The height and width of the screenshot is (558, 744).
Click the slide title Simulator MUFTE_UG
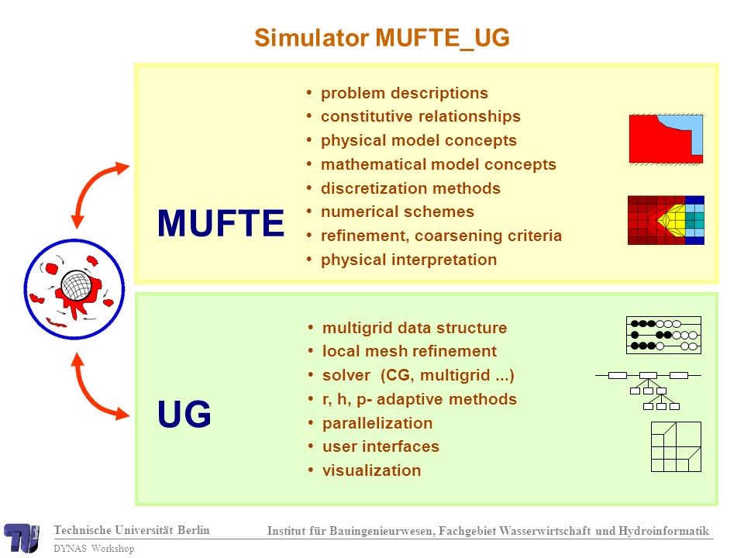tap(382, 38)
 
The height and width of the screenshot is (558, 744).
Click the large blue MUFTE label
tap(221, 223)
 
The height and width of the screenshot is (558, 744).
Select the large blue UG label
tap(184, 414)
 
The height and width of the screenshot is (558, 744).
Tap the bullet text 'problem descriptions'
tap(405, 93)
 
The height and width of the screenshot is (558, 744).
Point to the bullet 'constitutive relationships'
tap(420, 116)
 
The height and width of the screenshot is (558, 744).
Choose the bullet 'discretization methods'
tap(411, 188)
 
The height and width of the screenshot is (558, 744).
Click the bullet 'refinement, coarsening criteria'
tap(441, 236)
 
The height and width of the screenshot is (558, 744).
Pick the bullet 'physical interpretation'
tap(408, 260)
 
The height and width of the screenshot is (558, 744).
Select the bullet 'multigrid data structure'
tap(415, 328)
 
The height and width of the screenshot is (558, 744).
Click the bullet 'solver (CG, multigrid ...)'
tap(418, 375)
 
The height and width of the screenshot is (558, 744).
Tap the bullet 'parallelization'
tap(377, 423)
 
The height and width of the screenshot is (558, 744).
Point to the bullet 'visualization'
tap(371, 470)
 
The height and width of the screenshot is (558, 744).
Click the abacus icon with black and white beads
tap(663, 336)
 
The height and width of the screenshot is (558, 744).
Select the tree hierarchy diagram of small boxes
tap(648, 391)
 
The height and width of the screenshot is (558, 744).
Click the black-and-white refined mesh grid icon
tap(676, 446)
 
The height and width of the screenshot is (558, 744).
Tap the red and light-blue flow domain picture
tap(666, 139)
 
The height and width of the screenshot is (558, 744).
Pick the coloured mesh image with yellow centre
tap(666, 220)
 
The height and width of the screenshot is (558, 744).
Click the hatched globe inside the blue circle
tap(76, 284)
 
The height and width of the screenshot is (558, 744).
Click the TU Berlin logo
tap(22, 538)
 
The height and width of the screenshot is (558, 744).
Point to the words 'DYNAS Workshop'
tap(94, 549)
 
